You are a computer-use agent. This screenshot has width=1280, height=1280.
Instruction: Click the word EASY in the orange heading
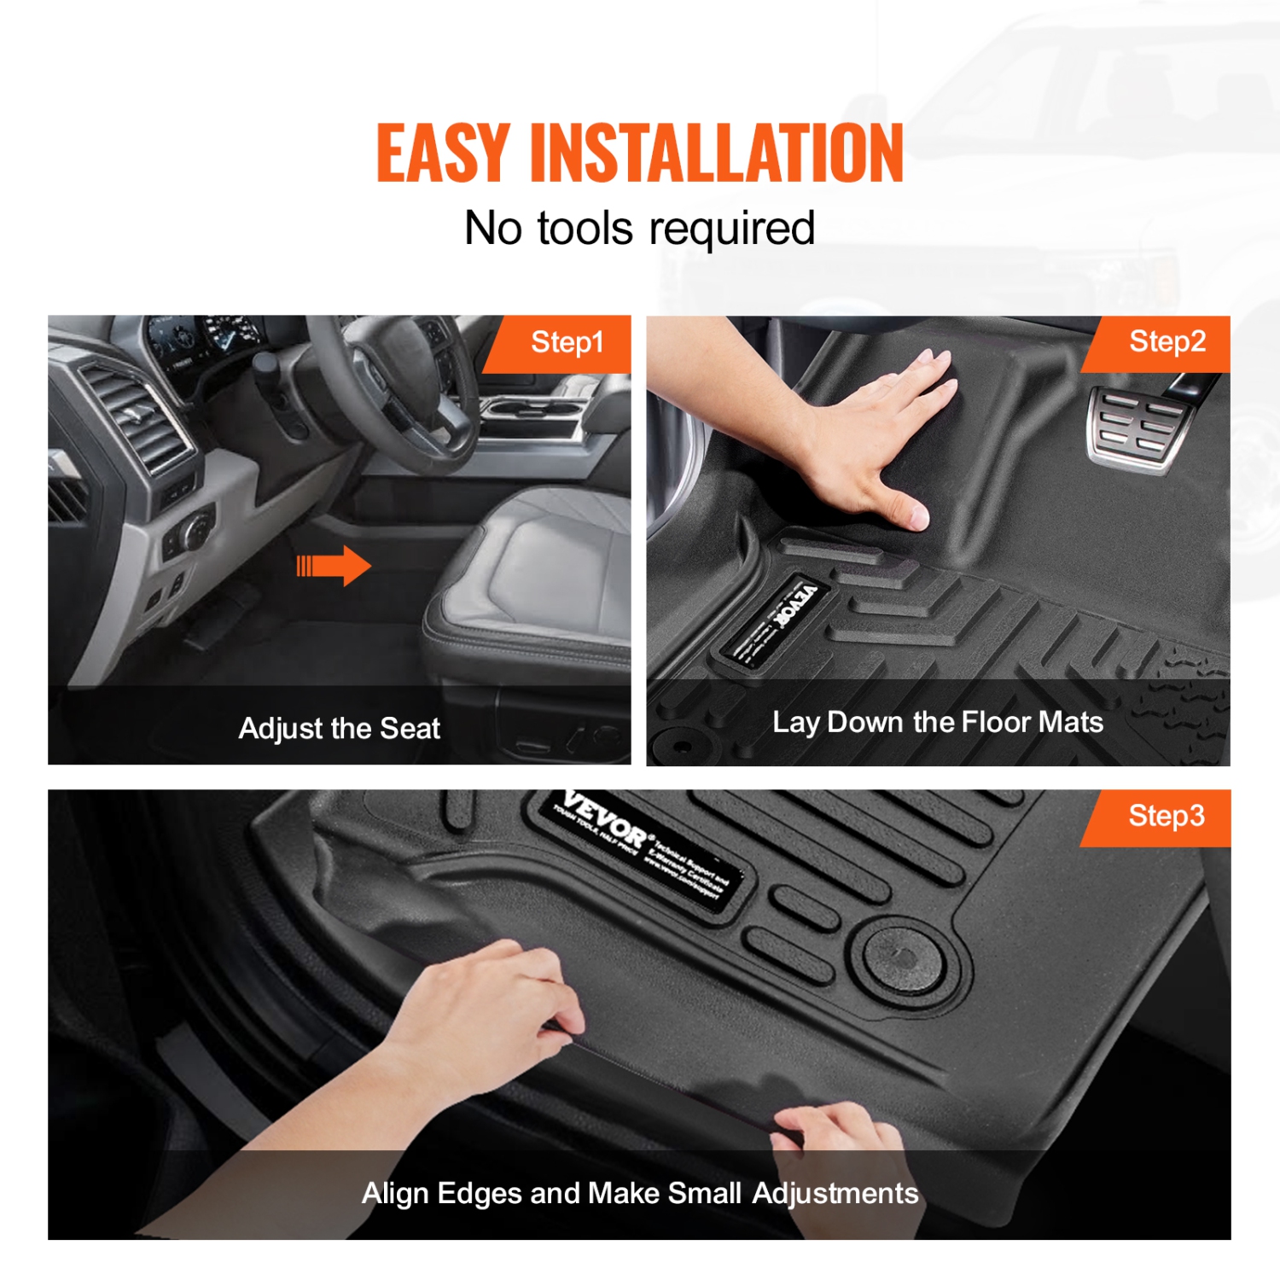(443, 154)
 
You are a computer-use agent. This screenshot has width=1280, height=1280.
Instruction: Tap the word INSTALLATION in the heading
(716, 154)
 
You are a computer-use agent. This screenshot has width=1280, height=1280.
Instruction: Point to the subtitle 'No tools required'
(639, 229)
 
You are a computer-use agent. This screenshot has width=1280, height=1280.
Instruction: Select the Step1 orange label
(566, 343)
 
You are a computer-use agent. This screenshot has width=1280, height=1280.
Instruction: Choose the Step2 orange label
(1167, 342)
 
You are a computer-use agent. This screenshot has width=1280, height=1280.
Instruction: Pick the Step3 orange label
(1166, 817)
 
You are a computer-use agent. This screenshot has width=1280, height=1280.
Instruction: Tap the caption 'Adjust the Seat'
(339, 729)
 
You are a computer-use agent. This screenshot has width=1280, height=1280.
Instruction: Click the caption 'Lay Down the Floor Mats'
(937, 723)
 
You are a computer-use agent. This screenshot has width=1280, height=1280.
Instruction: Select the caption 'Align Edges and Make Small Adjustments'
(640, 1193)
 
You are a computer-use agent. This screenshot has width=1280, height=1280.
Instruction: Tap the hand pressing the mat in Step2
(879, 435)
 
